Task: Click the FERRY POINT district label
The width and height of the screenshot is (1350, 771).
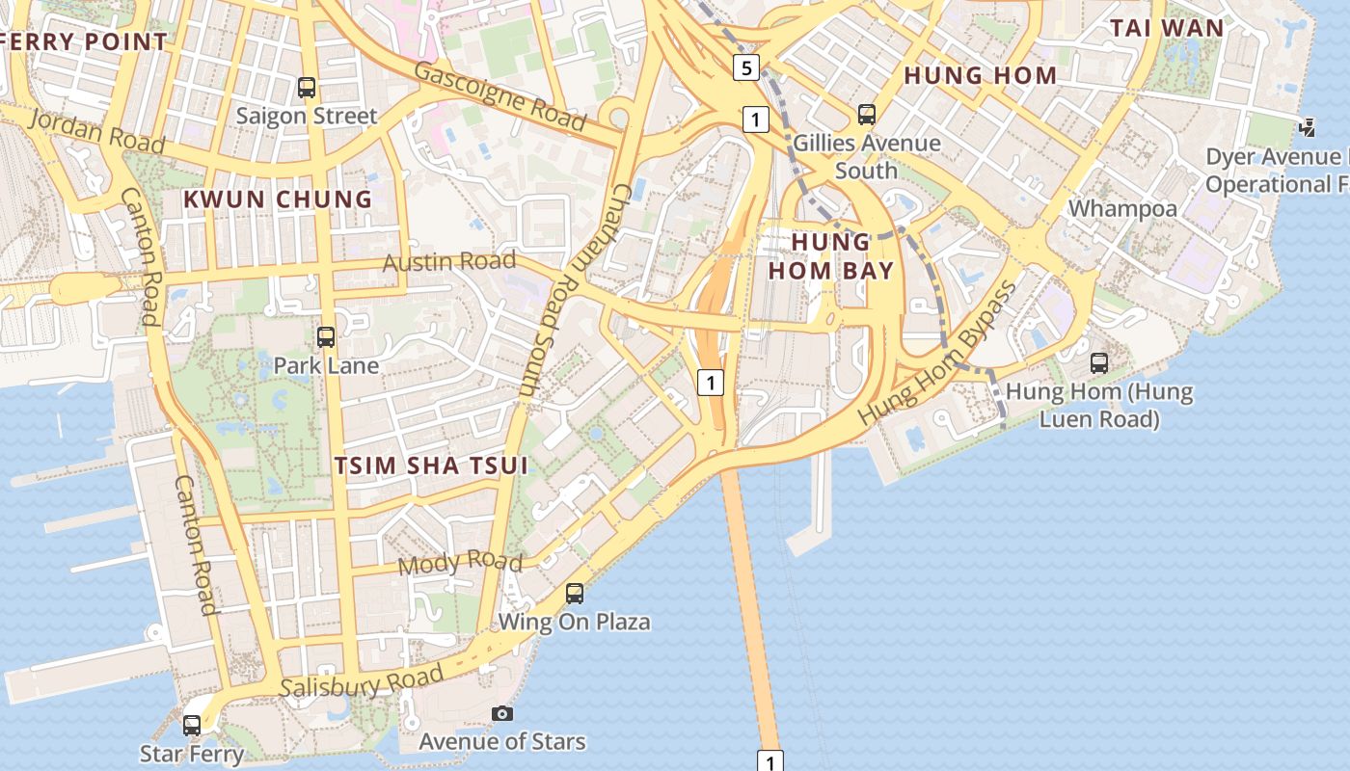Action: [x=85, y=41]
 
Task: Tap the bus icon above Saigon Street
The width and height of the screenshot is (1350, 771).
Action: [x=307, y=88]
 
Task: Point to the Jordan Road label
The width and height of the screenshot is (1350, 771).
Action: [x=96, y=131]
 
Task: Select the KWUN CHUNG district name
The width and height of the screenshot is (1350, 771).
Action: [x=278, y=199]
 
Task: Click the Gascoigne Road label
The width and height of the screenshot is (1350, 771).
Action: [x=500, y=96]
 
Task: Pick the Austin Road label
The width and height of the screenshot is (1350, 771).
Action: [x=449, y=262]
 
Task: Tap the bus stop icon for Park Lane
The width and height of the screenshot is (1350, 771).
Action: [x=326, y=337]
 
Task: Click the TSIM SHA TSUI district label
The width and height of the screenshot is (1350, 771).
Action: [x=431, y=465]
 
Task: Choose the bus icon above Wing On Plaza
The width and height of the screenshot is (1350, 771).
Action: [x=575, y=594]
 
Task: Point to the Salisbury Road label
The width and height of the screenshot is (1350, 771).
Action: [x=362, y=680]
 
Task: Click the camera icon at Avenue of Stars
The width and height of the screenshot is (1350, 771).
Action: [x=502, y=714]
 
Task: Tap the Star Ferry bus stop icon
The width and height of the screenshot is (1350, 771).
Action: [x=192, y=725]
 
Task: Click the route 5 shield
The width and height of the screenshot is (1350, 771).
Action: [x=746, y=67]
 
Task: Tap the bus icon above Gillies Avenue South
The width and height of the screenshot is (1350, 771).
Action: [x=867, y=115]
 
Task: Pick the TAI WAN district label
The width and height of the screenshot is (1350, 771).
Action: [x=1167, y=28]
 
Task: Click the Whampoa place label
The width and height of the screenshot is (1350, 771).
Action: [x=1122, y=208]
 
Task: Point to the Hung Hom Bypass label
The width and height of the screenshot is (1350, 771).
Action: [x=938, y=351]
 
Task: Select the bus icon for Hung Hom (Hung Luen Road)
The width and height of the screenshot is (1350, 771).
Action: [x=1099, y=363]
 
